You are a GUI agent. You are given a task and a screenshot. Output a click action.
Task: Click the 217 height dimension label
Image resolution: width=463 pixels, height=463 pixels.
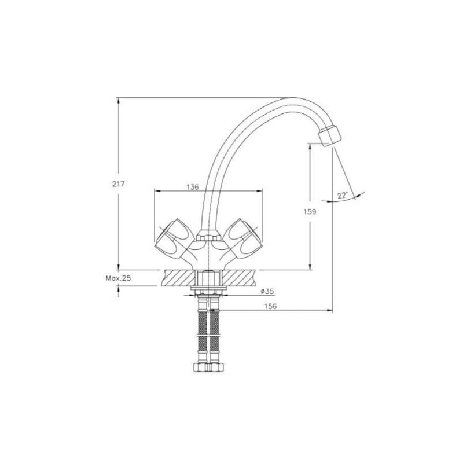click(119, 184)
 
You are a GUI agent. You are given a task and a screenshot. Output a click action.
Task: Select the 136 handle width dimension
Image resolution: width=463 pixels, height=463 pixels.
click(193, 187)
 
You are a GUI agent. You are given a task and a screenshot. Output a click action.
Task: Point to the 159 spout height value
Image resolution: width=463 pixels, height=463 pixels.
click(310, 211)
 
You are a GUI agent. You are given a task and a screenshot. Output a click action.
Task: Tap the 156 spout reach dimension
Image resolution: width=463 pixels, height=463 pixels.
click(270, 306)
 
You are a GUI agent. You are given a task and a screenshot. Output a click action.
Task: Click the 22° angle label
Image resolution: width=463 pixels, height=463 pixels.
click(343, 195)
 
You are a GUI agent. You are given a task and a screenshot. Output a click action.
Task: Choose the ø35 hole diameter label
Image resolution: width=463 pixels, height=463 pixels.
click(267, 292)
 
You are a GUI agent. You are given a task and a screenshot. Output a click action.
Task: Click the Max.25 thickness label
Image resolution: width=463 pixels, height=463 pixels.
click(118, 278)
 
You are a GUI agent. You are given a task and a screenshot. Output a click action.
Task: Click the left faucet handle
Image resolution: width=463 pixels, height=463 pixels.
click(172, 238)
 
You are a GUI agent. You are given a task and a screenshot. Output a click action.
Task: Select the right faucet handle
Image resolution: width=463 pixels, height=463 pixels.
click(244, 238)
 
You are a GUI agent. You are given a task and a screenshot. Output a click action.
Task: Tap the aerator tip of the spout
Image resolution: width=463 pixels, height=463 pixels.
click(329, 135)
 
